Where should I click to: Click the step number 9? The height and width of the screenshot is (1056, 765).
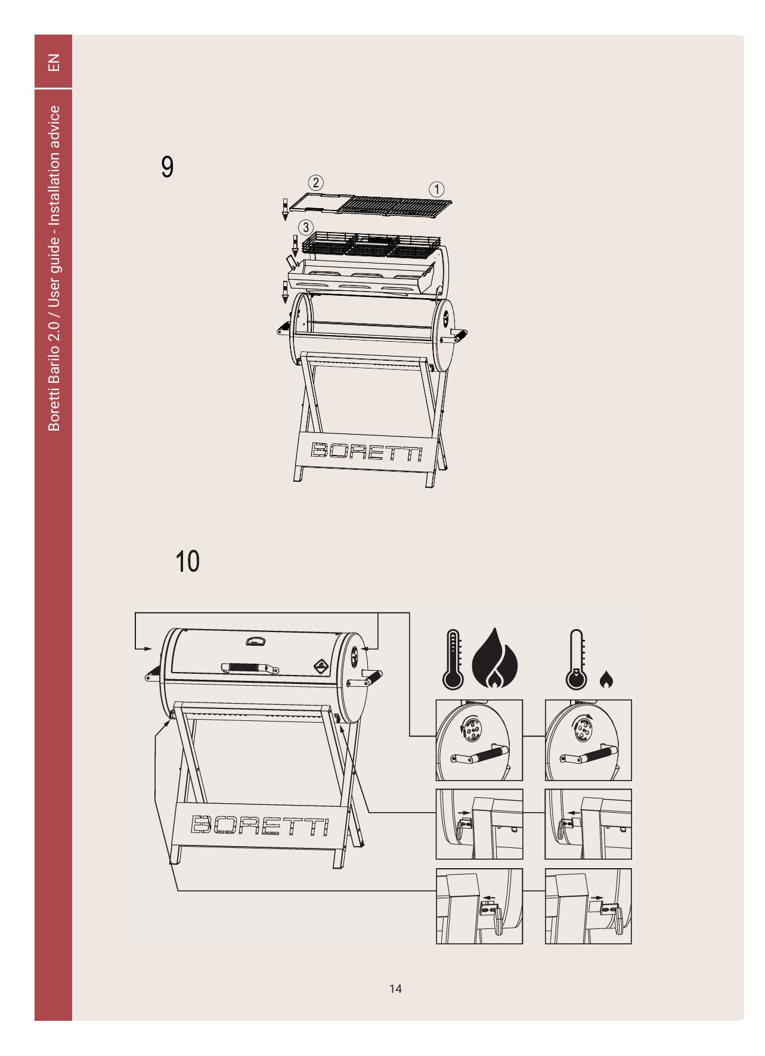[x=168, y=168]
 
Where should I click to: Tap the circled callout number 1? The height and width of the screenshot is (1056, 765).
[x=436, y=190]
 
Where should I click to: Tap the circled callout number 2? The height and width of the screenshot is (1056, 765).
[x=315, y=181]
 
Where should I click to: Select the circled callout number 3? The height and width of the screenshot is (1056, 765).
[x=305, y=227]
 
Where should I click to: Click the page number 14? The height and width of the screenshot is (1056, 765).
[x=395, y=989]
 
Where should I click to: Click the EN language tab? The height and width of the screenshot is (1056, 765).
[x=54, y=62]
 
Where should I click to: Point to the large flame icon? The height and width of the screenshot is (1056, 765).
[x=495, y=658]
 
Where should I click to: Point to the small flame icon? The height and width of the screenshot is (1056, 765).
[x=606, y=679]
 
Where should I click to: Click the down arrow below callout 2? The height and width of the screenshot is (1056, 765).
[x=285, y=208]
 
